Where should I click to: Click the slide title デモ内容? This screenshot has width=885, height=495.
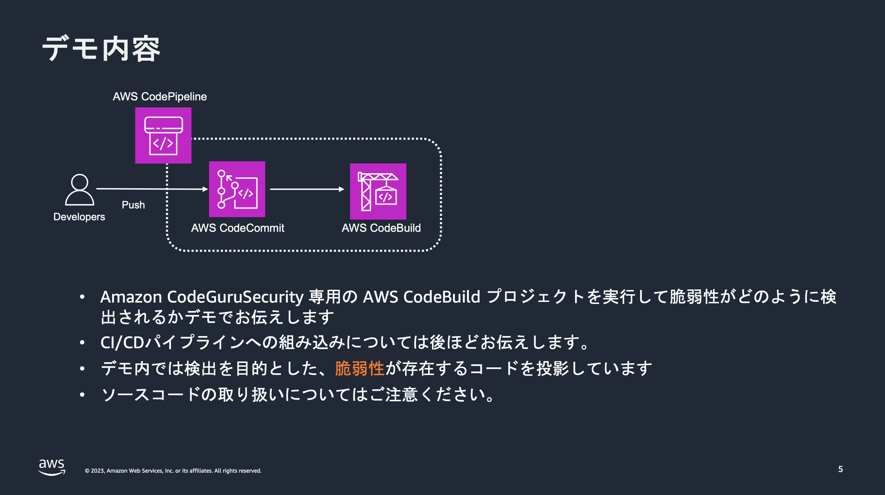coord(101,49)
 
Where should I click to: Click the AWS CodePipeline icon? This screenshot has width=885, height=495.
coord(163,135)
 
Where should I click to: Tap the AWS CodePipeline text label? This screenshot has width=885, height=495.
coord(159,97)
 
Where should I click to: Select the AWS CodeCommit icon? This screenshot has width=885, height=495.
coord(237,189)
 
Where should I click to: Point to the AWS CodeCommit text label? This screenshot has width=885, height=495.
coord(238,228)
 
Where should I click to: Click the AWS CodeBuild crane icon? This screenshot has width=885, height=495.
coord(378,191)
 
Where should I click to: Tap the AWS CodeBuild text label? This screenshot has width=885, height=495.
coord(381,228)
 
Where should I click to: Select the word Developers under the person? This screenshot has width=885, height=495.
coord(79,217)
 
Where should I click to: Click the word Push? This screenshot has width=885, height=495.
coord(133,205)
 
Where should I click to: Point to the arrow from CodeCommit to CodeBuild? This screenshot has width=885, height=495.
coord(307,189)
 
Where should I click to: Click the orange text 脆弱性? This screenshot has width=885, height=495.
coord(359,368)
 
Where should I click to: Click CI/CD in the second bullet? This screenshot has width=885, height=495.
coord(122,342)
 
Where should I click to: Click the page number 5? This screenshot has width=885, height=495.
coord(840,469)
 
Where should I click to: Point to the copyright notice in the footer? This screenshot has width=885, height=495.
coord(173,471)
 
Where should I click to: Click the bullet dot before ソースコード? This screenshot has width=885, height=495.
coord(82,395)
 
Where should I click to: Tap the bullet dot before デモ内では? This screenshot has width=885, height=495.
coord(82,368)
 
